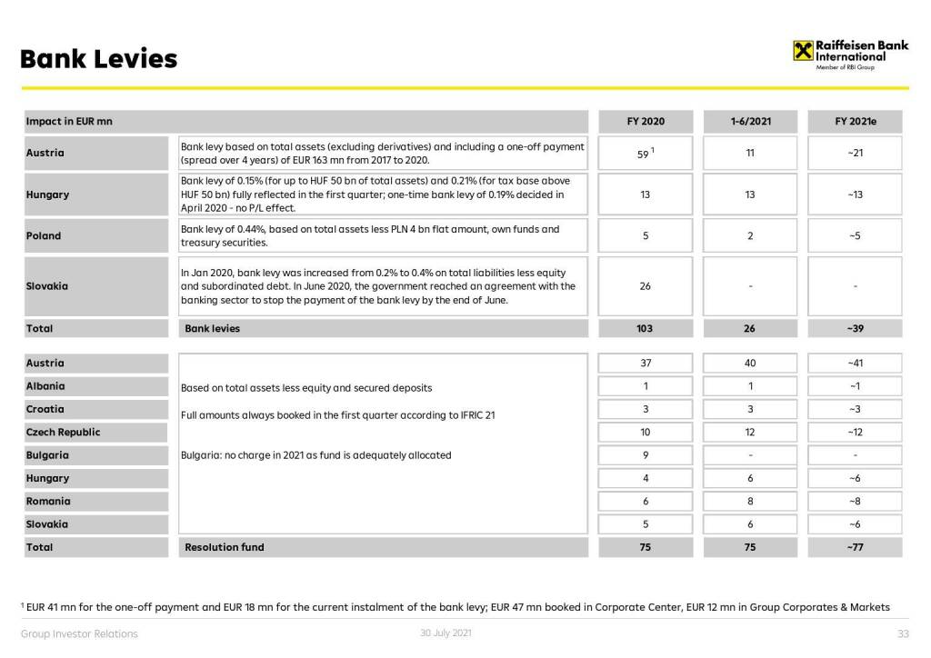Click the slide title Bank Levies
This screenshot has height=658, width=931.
click(x=98, y=60)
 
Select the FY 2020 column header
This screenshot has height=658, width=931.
click(x=646, y=122)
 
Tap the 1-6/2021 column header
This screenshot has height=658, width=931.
click(x=750, y=122)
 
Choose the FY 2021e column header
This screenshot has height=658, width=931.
click(x=855, y=122)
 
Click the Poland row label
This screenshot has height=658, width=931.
click(x=44, y=236)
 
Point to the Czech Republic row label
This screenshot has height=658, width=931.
click(x=63, y=433)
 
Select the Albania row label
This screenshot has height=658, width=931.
click(x=45, y=386)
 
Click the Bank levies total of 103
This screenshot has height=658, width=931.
click(x=646, y=329)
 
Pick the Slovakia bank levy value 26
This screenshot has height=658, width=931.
click(x=646, y=286)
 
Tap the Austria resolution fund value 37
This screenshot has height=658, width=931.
click(x=646, y=364)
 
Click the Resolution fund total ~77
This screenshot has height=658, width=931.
click(x=855, y=548)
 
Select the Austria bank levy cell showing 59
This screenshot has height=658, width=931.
click(x=645, y=154)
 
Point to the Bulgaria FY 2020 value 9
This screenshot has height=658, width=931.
click(x=646, y=455)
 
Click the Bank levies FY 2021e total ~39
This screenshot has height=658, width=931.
click(x=855, y=329)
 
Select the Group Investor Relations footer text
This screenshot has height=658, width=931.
click(x=79, y=634)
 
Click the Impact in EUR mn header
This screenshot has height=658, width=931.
click(x=69, y=122)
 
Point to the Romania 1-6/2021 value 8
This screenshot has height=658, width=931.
click(x=750, y=502)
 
